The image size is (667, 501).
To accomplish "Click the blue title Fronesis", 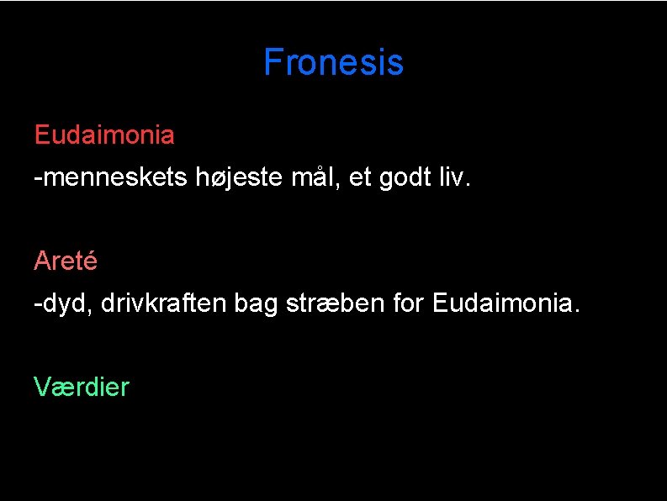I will (x=333, y=62).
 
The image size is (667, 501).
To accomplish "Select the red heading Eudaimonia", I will (x=104, y=134).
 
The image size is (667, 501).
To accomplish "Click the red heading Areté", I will (x=66, y=261).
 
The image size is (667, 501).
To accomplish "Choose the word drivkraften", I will (x=163, y=303).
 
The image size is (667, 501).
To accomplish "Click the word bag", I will (x=256, y=303).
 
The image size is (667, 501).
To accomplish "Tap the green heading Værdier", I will (x=82, y=388).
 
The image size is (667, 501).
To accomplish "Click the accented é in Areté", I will (x=90, y=261).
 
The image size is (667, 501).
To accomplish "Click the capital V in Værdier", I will (x=42, y=388).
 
